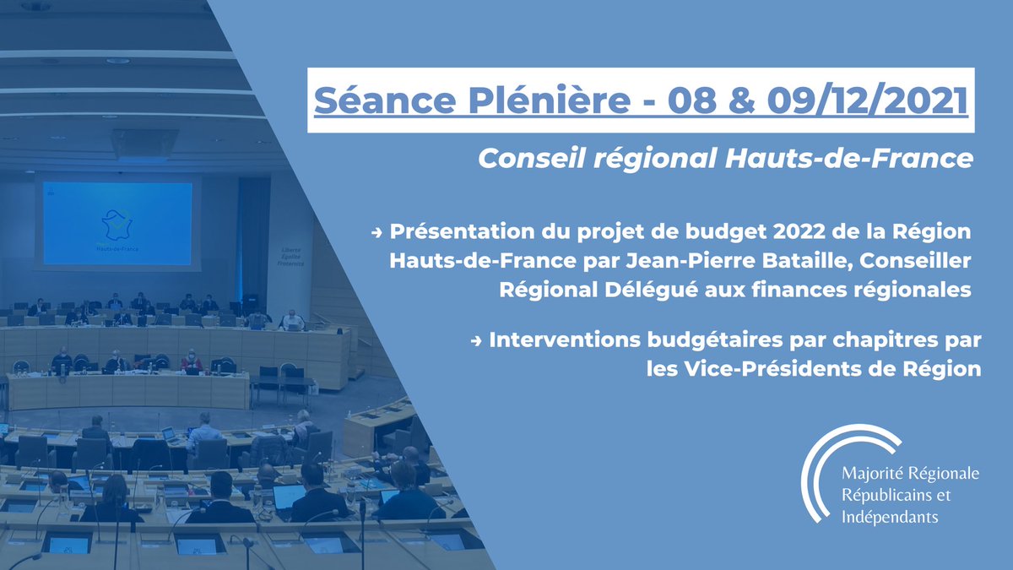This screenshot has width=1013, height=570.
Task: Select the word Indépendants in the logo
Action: (890, 517)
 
